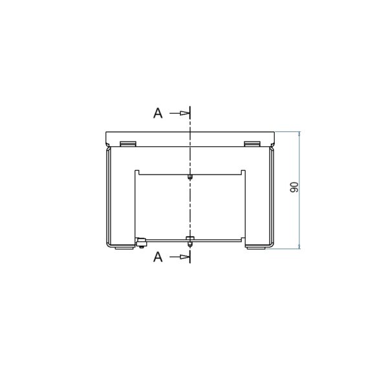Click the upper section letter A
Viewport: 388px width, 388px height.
158,113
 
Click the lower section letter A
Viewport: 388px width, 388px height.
158,257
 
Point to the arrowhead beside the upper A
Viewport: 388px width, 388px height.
184,113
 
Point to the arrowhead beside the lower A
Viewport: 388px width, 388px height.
184,257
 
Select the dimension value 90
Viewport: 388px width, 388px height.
294,187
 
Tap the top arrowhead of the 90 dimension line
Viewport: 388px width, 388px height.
299,134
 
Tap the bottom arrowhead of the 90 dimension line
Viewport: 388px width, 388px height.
299,246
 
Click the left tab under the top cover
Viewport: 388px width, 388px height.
128,144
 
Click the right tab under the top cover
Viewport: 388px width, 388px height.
252,144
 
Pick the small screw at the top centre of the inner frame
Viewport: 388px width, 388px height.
189,177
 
